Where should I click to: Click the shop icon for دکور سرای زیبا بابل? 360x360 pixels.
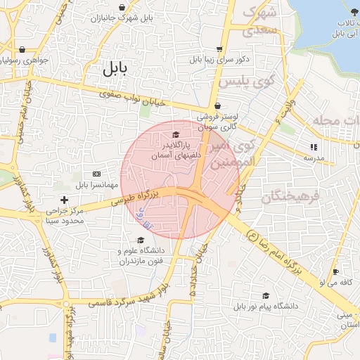(x=219, y=49)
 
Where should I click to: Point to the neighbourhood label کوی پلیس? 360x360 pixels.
(x=245, y=82)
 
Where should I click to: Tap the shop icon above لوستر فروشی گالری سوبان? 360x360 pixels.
(x=218, y=107)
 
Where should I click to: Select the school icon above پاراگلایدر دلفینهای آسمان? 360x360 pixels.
(x=176, y=134)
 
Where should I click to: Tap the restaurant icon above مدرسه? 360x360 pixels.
(x=313, y=147)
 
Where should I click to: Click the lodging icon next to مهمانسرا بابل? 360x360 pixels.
(x=96, y=174)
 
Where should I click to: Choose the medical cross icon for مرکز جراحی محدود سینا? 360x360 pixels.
(x=65, y=200)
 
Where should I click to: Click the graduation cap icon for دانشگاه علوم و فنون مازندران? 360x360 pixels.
(x=141, y=240)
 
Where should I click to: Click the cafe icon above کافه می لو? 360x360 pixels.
(x=335, y=271)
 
